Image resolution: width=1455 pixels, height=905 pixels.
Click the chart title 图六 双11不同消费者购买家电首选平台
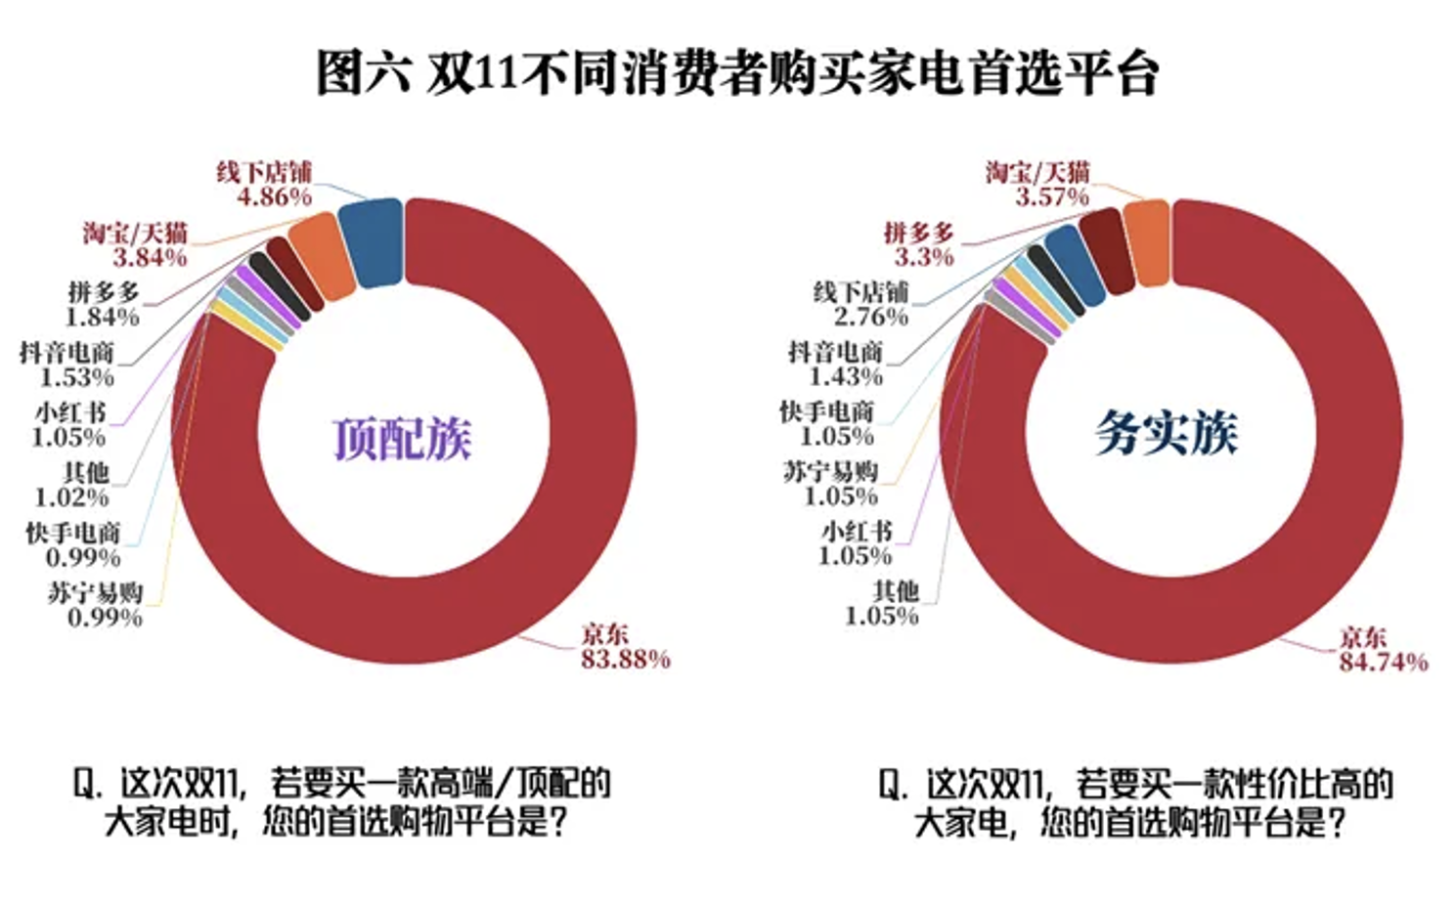click(x=737, y=74)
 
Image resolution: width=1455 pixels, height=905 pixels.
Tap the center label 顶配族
click(x=402, y=439)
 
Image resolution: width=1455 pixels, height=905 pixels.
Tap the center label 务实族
click(x=1166, y=433)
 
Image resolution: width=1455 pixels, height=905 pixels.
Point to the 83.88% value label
click(x=626, y=660)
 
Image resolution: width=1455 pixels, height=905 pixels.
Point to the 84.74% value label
click(x=1383, y=663)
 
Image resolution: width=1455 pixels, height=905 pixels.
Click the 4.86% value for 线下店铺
click(x=274, y=196)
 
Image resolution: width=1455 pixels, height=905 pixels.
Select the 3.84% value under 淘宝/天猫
click(x=150, y=257)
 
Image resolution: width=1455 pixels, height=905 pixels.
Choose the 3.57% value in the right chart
click(x=1051, y=196)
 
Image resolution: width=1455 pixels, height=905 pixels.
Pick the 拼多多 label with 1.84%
click(x=104, y=292)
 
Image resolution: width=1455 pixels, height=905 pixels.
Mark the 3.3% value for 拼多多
click(x=924, y=257)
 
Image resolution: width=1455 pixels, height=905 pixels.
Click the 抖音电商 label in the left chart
click(x=66, y=352)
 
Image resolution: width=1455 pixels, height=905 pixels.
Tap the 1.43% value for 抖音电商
click(x=846, y=376)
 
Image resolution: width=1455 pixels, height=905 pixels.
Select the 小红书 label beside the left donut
click(x=70, y=411)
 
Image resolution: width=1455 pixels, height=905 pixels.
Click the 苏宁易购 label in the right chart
click(x=830, y=471)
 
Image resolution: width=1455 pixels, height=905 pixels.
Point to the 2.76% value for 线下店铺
click(x=870, y=317)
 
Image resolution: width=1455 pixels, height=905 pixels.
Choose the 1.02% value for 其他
click(x=71, y=497)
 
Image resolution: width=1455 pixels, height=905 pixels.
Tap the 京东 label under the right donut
click(x=1363, y=637)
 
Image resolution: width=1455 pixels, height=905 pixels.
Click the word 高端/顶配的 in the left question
click(x=539, y=783)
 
